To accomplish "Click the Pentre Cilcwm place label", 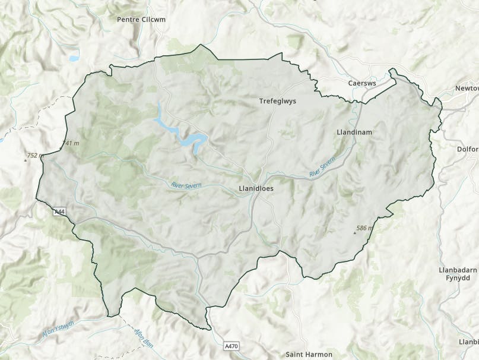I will click(141, 19).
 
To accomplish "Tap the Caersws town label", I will click(361, 83).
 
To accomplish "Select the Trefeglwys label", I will click(277, 101).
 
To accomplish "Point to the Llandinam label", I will click(354, 132).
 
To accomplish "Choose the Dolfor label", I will click(468, 149).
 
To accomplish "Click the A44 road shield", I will click(59, 211).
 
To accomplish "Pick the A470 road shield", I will click(233, 345).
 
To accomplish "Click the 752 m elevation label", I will click(33, 156).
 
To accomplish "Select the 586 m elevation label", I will click(365, 228).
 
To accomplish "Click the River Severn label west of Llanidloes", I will click(186, 186).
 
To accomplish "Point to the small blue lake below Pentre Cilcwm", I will click(73, 59).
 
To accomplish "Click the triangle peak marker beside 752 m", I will click(25, 160).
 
